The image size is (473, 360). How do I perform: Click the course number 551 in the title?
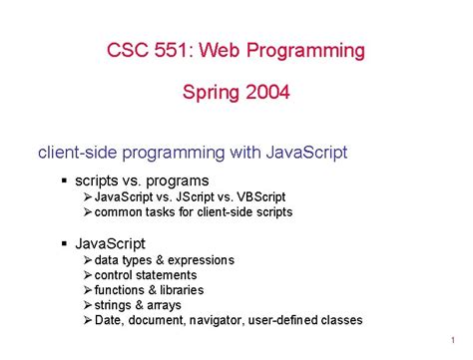click(x=175, y=50)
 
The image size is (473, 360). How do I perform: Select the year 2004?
click(x=266, y=94)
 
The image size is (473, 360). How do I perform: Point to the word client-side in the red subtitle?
click(x=76, y=153)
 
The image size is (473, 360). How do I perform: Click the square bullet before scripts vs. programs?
click(x=63, y=180)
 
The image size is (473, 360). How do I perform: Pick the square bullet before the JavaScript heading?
click(x=63, y=243)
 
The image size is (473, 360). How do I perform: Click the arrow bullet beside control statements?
click(x=88, y=275)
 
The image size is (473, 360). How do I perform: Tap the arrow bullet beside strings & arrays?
click(x=88, y=305)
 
